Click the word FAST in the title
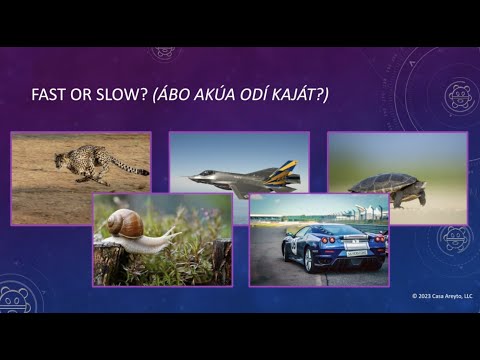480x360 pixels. point(51,94)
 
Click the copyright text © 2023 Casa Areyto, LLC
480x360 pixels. point(442,297)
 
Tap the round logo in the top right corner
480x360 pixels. point(459,96)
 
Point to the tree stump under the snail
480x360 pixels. point(109,264)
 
